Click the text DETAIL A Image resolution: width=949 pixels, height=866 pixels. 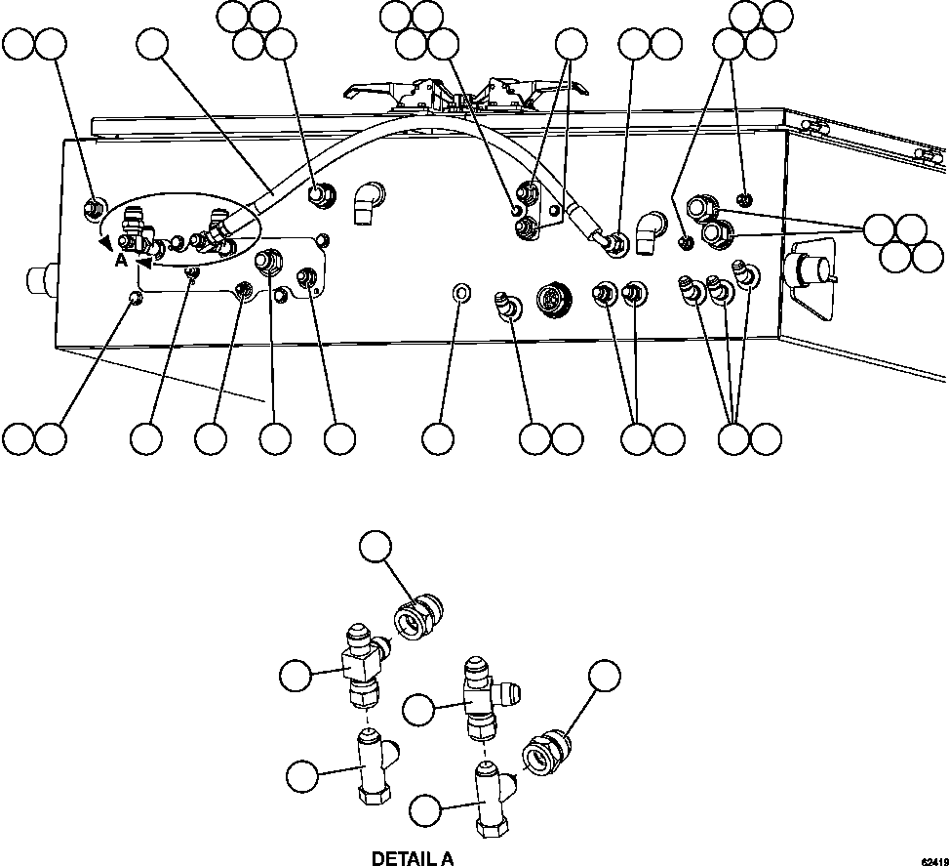413,858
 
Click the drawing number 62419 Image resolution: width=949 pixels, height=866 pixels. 931,859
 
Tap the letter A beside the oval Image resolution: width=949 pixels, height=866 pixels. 120,260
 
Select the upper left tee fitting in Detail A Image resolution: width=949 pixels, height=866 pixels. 360,665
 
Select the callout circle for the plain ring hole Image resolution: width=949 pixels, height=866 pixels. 439,438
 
